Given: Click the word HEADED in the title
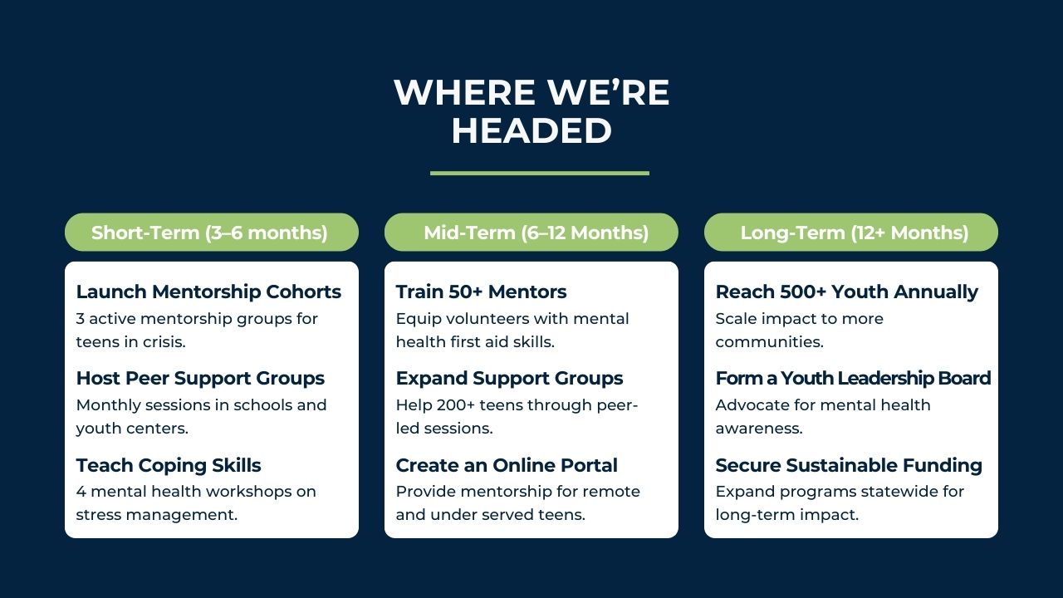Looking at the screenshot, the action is pos(531,130).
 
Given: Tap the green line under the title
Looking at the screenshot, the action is pos(540,174).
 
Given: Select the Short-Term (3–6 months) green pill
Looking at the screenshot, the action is pos(212,232).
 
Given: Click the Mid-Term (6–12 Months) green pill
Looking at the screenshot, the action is pos(531,232).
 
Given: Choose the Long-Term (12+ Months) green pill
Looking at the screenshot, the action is pos(851,232).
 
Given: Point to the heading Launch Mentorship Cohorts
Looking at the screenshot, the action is pos(208,292).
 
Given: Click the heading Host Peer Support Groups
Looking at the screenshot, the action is pos(200,378).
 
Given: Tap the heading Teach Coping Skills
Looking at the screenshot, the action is pos(169,465).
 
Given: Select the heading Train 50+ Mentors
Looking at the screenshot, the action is pos(481,292).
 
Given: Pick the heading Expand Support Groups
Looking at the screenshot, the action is pos(509,378).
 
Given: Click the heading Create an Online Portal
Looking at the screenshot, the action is pos(507,465).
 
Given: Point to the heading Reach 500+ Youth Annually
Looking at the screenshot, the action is pos(846,292).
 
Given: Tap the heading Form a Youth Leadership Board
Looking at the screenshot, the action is pos(853,378).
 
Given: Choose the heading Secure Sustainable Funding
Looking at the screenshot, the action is pos(849,465).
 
